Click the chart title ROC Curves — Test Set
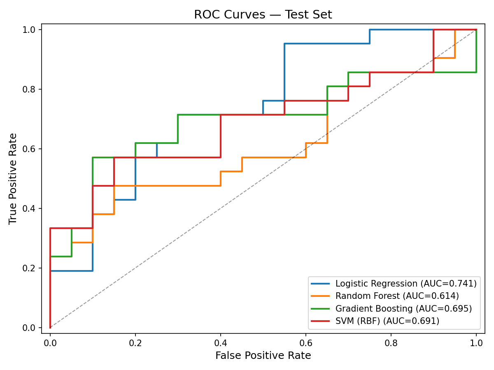(x=263, y=14)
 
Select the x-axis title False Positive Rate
(x=263, y=356)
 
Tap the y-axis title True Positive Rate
(x=13, y=178)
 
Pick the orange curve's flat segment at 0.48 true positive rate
(x=177, y=186)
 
